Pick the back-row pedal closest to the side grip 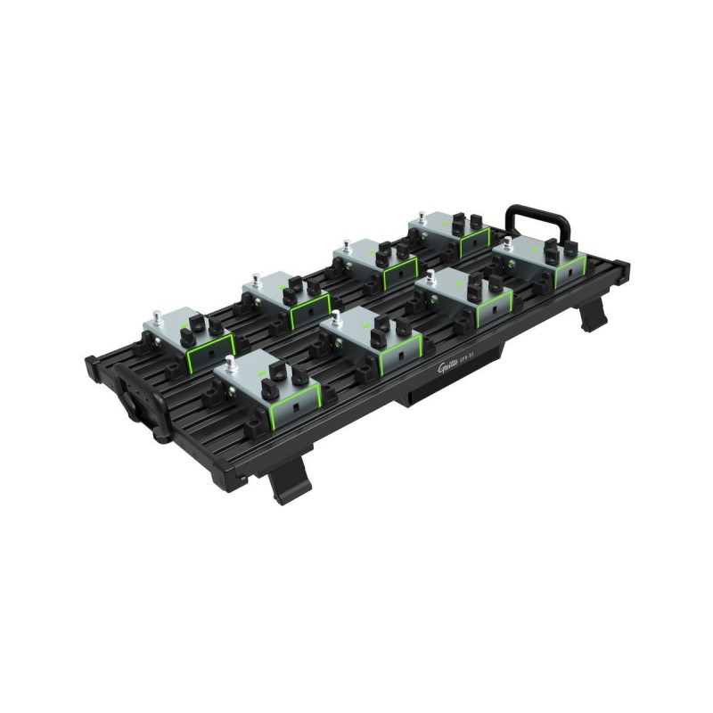tap(187, 334)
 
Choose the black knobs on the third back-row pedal tap(383, 258)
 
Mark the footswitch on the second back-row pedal tap(256, 281)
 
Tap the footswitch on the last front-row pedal tap(506, 241)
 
